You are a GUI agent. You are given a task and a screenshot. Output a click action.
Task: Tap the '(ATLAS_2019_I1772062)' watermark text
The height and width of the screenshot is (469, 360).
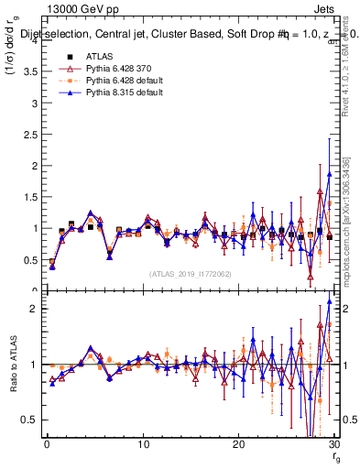tap(191, 273)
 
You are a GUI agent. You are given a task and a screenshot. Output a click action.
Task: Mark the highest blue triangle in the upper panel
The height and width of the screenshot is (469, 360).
tap(329, 174)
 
